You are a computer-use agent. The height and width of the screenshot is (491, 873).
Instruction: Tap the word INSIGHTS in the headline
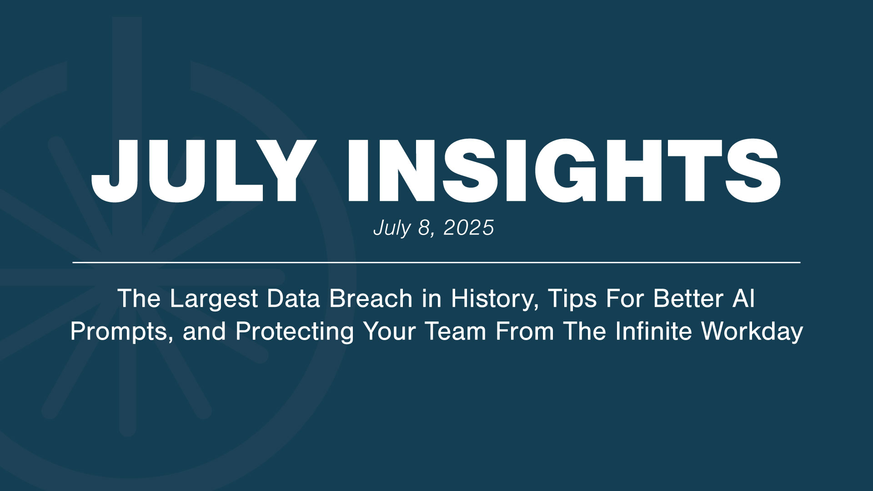point(564,170)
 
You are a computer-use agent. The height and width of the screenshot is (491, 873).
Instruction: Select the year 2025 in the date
point(468,228)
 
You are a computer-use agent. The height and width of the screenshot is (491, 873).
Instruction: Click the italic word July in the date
point(392,228)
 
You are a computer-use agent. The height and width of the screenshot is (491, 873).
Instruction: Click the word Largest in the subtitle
point(214,299)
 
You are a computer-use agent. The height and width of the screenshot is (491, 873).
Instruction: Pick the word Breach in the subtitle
point(371,299)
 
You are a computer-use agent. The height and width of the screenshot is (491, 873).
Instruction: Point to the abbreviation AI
point(743,299)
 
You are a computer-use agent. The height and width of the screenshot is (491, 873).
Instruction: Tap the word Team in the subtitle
point(456,331)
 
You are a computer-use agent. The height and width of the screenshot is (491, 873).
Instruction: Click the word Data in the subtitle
point(293,299)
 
